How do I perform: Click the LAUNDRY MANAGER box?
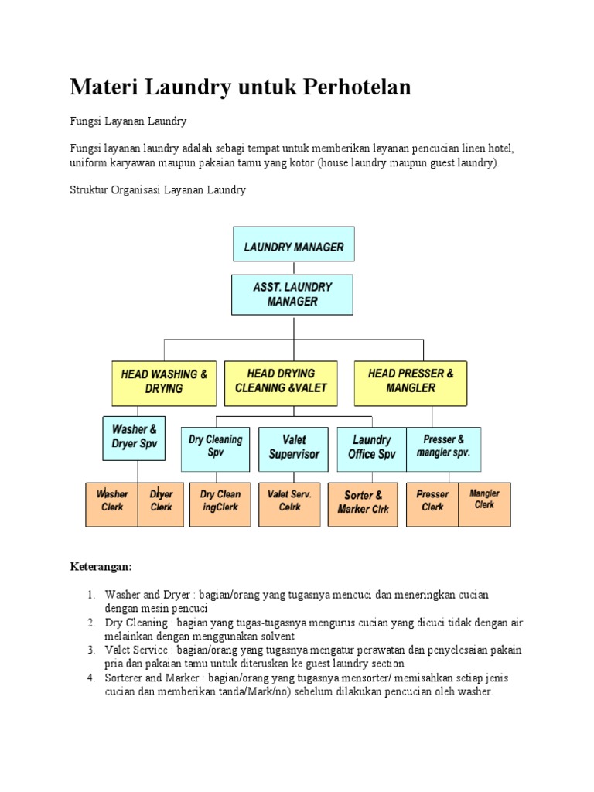coord(293,247)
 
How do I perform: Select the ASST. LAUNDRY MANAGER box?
coord(293,295)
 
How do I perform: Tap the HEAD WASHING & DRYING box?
coord(163,381)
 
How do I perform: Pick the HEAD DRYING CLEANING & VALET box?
coord(281,381)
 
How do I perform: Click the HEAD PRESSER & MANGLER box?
coord(411,381)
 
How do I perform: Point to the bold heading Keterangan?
coord(101,567)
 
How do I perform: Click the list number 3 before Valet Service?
coord(90,650)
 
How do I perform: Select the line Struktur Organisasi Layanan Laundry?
coord(158,189)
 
